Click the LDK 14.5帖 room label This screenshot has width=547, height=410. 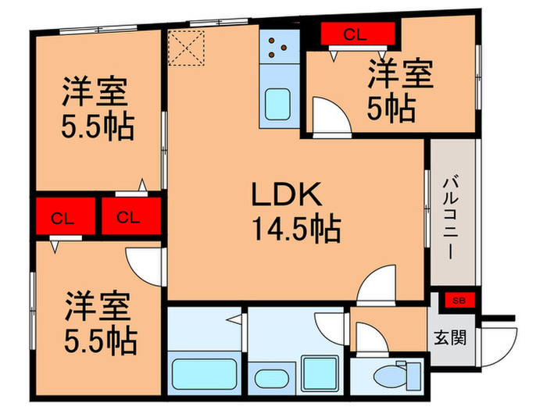[x=295, y=211]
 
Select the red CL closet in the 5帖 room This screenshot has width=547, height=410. [x=355, y=34]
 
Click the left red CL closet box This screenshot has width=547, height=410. [x=63, y=217]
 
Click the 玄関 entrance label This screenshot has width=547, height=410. [x=450, y=338]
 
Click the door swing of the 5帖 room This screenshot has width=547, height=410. [x=328, y=117]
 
